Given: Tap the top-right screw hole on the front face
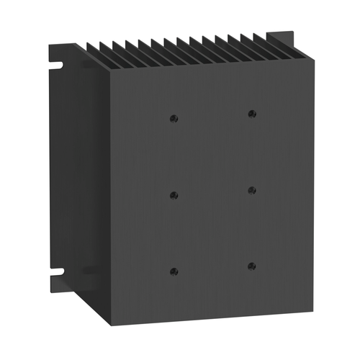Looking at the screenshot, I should [251, 114].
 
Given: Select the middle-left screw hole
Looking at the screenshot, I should [174, 194].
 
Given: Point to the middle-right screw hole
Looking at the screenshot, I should [251, 190].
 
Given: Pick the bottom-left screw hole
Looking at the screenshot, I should [174, 271].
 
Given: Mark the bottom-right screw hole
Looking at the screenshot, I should [251, 266].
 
